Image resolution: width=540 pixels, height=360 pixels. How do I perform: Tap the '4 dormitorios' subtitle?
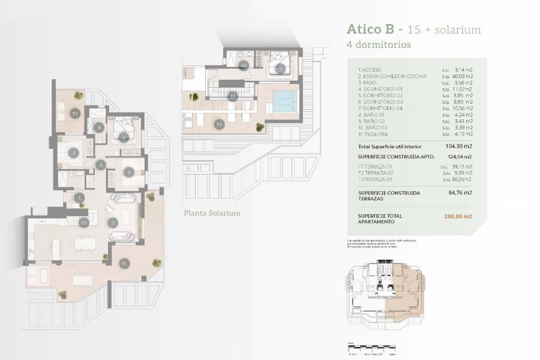(379, 44)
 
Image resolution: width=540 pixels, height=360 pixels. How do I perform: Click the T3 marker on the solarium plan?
(220, 125)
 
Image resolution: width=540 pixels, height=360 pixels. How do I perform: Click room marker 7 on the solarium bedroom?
(280, 68)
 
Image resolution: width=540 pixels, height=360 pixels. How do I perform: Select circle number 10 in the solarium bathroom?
(244, 65)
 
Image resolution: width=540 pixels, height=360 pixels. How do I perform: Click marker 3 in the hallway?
(101, 164)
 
